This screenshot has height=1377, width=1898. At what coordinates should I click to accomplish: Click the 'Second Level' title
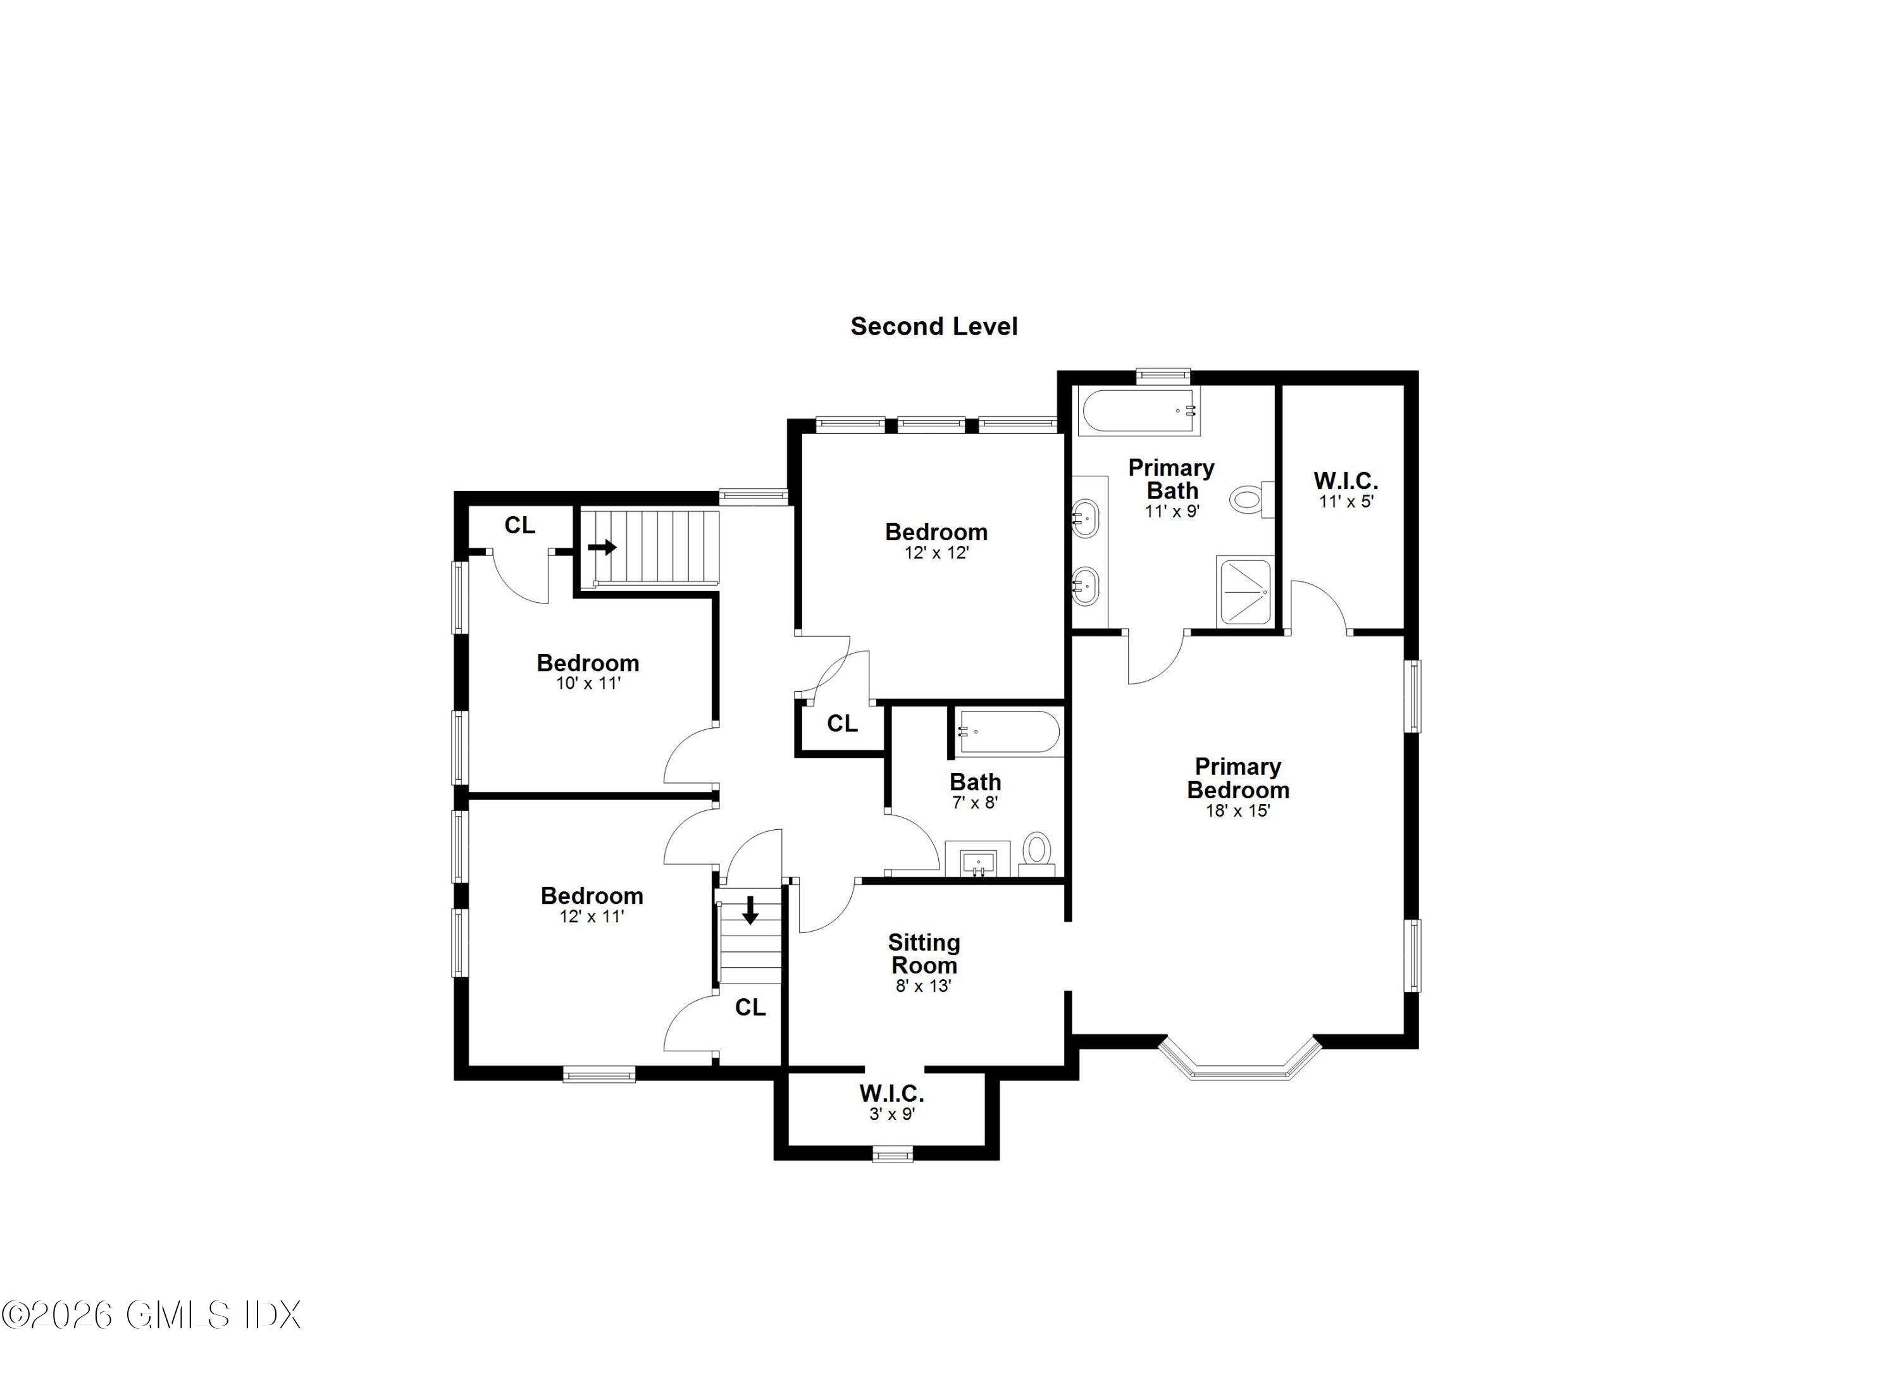click(934, 326)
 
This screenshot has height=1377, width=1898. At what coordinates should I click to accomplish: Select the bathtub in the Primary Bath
click(1138, 411)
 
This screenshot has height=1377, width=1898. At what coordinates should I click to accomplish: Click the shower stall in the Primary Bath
click(1245, 591)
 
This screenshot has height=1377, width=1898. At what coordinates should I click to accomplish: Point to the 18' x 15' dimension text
click(1237, 811)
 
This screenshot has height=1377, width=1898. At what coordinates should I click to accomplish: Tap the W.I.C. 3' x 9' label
click(891, 1102)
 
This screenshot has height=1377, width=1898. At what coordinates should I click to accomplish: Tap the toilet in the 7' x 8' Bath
click(1037, 850)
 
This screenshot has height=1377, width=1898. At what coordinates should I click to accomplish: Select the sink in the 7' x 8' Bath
click(978, 861)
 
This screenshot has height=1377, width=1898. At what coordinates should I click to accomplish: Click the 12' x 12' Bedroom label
click(936, 540)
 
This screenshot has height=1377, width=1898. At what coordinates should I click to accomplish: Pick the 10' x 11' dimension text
click(588, 684)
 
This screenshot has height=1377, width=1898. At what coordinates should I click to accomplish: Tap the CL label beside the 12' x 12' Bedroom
click(842, 724)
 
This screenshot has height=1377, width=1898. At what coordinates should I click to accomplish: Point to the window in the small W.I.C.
click(893, 1156)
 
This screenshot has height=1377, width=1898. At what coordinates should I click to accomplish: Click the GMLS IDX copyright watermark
click(151, 1316)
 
